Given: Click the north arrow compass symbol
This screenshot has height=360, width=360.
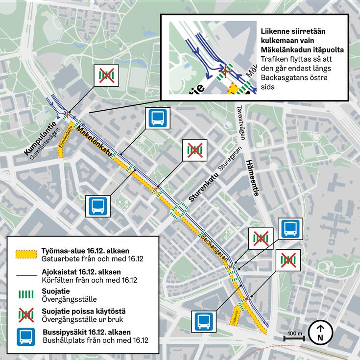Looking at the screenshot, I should [x=320, y=332].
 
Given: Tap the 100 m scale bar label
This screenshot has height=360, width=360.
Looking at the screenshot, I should [x=295, y=334].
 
